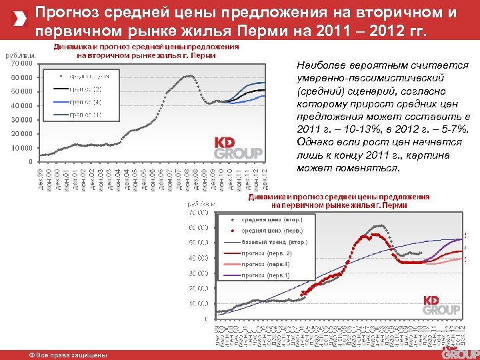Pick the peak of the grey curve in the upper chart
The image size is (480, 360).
point(189,76)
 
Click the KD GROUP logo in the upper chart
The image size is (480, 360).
point(238,148)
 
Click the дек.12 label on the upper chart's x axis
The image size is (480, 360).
point(265,180)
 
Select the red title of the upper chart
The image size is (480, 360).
point(146,51)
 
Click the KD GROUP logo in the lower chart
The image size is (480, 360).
point(441,305)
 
